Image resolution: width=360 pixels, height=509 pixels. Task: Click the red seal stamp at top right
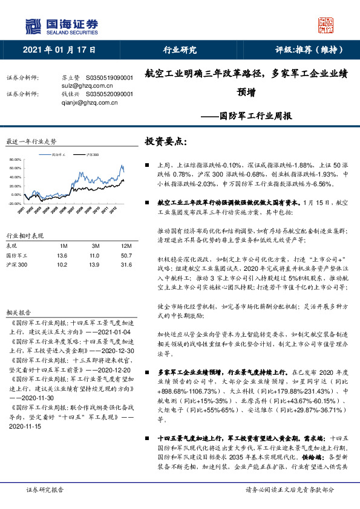click(x=326, y=25)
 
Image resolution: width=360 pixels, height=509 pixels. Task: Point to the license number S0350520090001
click(x=109, y=94)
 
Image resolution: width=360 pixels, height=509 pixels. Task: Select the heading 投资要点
click(x=166, y=141)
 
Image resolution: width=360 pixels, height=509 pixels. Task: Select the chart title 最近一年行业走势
click(x=30, y=141)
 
